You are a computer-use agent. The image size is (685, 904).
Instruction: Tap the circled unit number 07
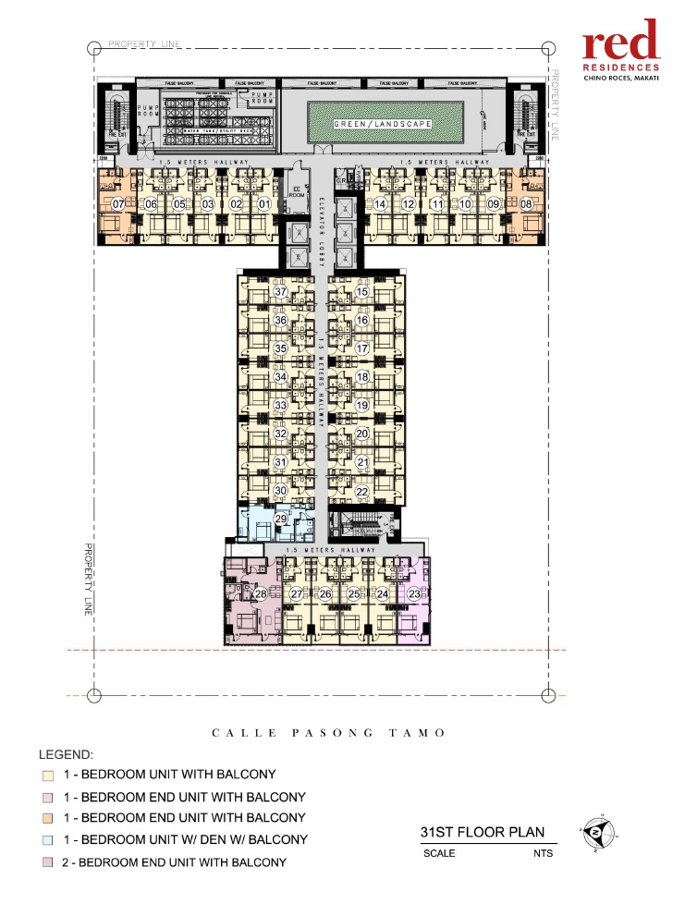118,204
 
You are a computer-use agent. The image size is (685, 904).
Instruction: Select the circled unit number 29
281,519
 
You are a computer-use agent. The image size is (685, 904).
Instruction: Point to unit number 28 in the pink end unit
261,593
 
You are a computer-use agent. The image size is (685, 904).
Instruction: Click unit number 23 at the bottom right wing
413,593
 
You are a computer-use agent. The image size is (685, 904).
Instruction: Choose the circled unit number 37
282,292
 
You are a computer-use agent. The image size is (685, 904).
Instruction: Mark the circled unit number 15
362,292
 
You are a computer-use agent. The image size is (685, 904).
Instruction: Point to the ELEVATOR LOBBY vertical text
320,227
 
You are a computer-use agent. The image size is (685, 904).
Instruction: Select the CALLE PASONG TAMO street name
329,733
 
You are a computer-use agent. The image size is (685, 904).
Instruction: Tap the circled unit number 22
362,491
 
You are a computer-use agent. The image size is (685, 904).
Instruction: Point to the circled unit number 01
263,204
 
